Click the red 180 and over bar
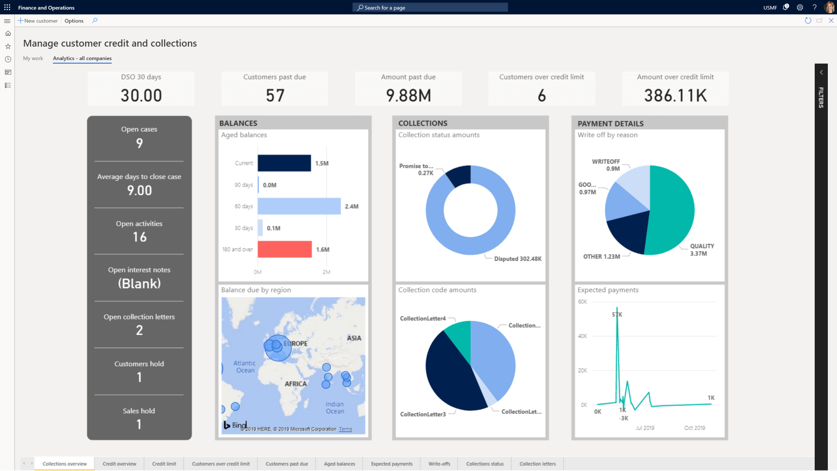[284, 249]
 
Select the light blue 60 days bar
[299, 206]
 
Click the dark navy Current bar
[284, 163]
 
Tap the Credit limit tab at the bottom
[164, 464]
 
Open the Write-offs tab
[439, 464]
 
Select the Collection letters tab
[537, 464]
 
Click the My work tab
[33, 58]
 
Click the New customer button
[38, 21]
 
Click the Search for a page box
[430, 7]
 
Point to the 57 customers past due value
[275, 95]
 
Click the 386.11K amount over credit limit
[675, 95]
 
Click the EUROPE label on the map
[296, 344]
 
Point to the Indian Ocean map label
[335, 407]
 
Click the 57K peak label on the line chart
[617, 314]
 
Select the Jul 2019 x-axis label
[645, 428]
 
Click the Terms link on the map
[346, 429]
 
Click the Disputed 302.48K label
[518, 259]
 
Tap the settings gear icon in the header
[800, 7]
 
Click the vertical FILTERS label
[821, 97]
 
